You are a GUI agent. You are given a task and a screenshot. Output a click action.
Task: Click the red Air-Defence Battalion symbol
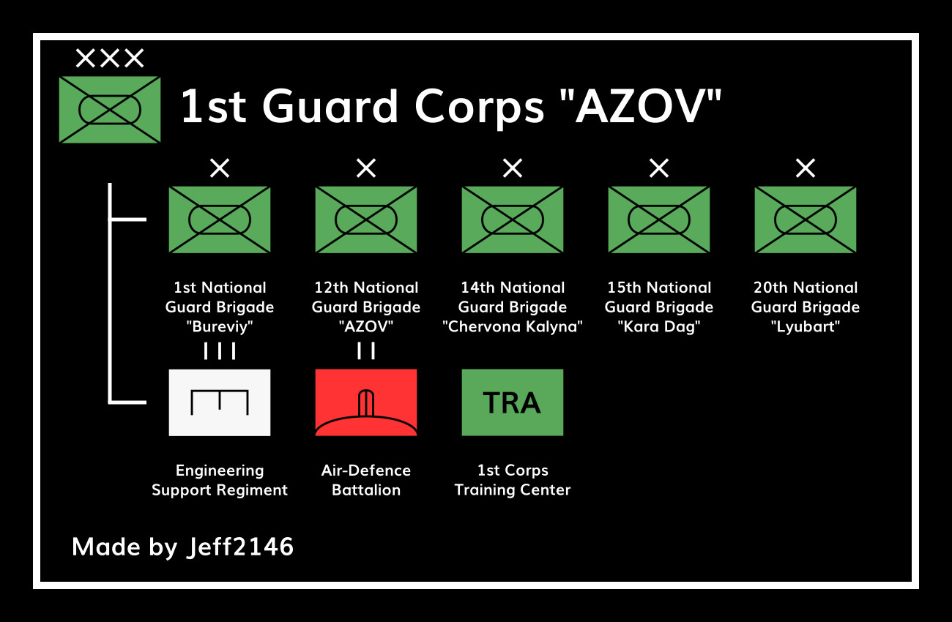(x=366, y=402)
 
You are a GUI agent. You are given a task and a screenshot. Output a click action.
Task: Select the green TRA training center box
(x=513, y=402)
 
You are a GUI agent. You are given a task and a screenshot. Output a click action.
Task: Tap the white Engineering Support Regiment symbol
(x=219, y=402)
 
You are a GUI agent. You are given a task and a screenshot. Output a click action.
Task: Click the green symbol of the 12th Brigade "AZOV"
(x=366, y=220)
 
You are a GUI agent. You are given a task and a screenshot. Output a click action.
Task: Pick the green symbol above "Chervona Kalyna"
(x=513, y=220)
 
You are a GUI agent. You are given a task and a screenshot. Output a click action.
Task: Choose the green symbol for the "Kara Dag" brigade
(x=659, y=220)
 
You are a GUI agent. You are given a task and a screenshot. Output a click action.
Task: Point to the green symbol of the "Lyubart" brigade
(x=806, y=220)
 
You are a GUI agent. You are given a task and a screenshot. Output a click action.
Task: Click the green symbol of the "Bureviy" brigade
(x=219, y=220)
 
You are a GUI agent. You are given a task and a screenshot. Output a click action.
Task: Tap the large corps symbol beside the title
(x=110, y=110)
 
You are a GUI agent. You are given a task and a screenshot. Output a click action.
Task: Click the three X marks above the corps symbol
(x=110, y=58)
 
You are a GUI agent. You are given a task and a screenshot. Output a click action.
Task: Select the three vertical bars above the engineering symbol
(x=219, y=351)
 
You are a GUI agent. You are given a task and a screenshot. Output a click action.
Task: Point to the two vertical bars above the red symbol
(x=366, y=351)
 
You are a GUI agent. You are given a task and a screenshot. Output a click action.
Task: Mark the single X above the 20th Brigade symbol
(x=806, y=168)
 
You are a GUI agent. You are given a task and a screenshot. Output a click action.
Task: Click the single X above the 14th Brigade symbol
(x=513, y=168)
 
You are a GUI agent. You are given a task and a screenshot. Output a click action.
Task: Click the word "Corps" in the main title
(x=479, y=108)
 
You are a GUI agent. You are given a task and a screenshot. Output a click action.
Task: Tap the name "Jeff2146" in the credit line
(x=240, y=547)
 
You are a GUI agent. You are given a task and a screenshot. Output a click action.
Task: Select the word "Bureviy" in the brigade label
(x=219, y=327)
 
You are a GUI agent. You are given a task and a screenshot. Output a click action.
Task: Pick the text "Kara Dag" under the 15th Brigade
(x=659, y=327)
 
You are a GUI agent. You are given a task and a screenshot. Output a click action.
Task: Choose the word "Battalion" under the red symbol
(x=366, y=490)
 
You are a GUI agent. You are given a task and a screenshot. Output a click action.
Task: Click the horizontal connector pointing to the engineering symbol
(x=128, y=402)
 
